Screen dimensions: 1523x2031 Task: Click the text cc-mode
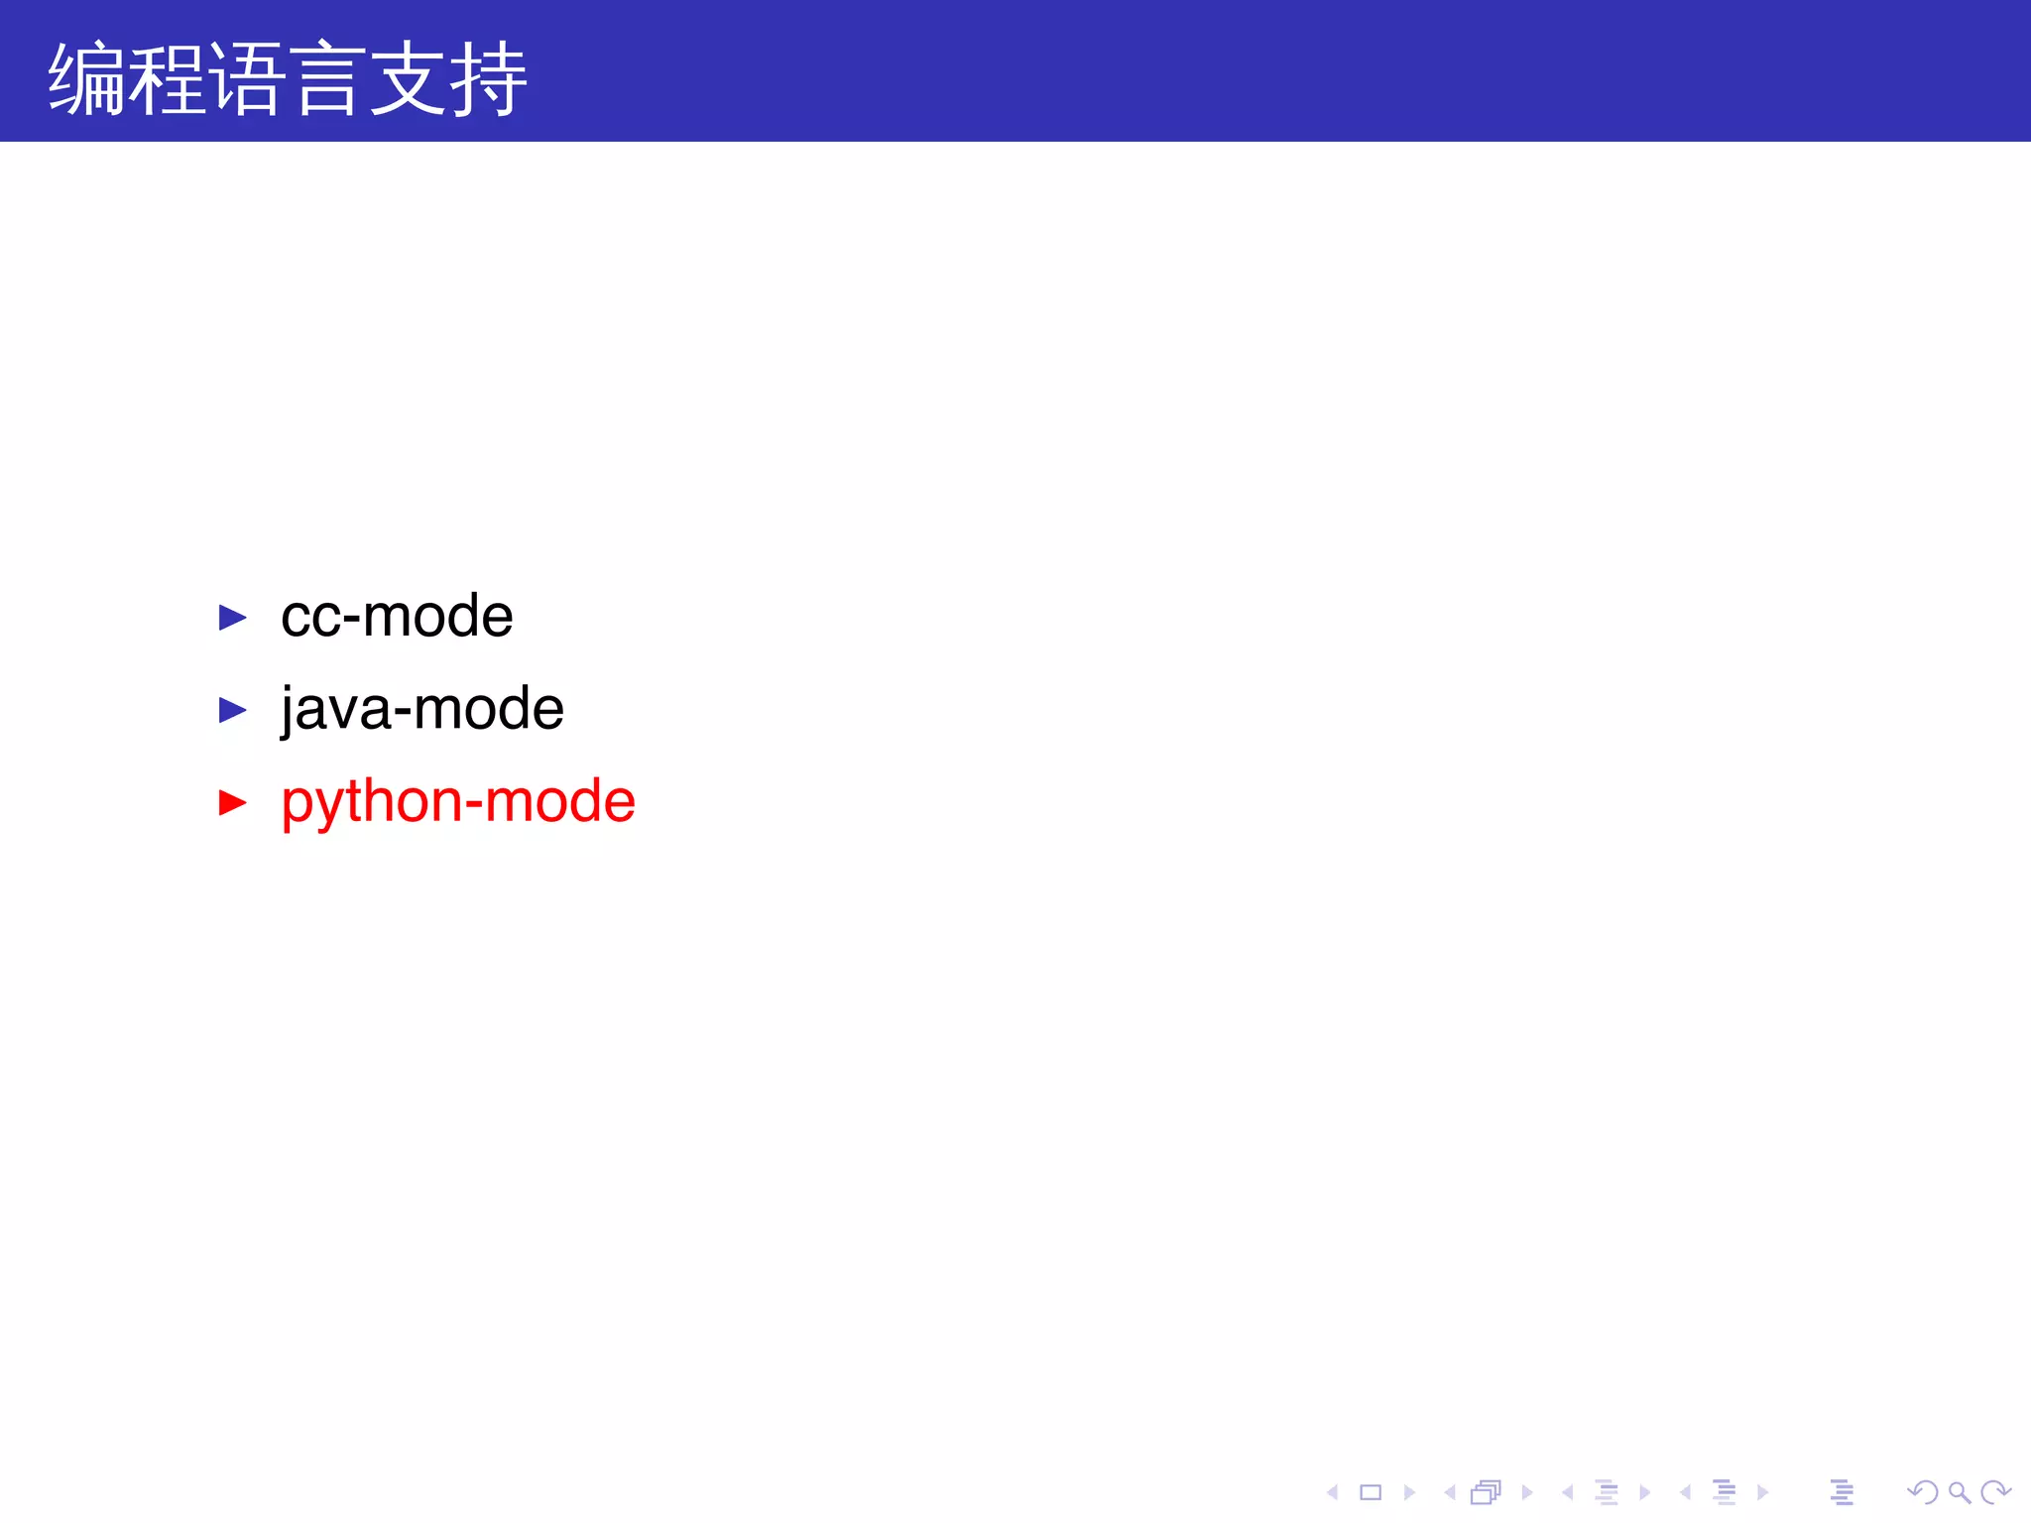pyautogui.click(x=397, y=617)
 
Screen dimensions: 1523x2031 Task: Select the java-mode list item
pyautogui.click(x=422, y=709)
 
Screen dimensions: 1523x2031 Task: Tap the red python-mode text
pyautogui.click(x=458, y=801)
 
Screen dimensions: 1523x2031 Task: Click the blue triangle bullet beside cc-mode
pyautogui.click(x=232, y=618)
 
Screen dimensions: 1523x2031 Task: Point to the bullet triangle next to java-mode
pyautogui.click(x=232, y=710)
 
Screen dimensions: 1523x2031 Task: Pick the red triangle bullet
pyautogui.click(x=232, y=802)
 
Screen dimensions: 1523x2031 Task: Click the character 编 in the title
pyautogui.click(x=87, y=79)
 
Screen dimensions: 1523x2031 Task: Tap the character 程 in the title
pyautogui.click(x=168, y=79)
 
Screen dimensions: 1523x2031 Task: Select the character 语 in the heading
pyautogui.click(x=248, y=79)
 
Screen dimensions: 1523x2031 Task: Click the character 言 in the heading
pyautogui.click(x=327, y=79)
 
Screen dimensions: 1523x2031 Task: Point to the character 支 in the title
pyautogui.click(x=408, y=79)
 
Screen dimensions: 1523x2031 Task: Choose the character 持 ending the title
pyautogui.click(x=488, y=79)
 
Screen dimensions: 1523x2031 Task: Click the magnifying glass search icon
pyautogui.click(x=1959, y=1492)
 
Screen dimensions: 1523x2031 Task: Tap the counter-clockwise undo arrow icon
pyautogui.click(x=1923, y=1492)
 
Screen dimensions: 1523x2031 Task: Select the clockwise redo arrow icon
pyautogui.click(x=1994, y=1492)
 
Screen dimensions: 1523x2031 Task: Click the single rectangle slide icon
pyautogui.click(x=1371, y=1492)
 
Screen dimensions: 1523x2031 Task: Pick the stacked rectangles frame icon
pyautogui.click(x=1486, y=1492)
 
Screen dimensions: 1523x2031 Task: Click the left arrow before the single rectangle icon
pyautogui.click(x=1333, y=1492)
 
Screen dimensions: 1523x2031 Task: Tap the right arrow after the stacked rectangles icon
pyautogui.click(x=1527, y=1492)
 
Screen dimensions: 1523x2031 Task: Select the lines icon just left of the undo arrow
pyautogui.click(x=1842, y=1492)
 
